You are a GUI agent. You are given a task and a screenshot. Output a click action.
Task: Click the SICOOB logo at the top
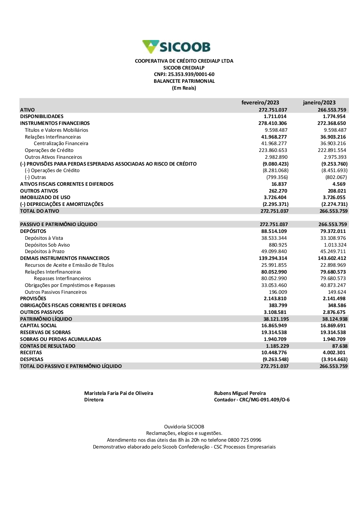tap(176, 47)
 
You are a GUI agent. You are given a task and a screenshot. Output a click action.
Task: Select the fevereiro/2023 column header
tap(260, 103)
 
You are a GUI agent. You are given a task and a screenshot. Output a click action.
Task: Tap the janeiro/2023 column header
tap(319, 103)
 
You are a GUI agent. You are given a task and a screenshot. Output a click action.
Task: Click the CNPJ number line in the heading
tap(184, 75)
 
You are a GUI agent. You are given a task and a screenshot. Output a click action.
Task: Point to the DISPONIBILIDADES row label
tap(42, 117)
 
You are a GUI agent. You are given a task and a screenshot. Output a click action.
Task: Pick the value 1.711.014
tap(275, 117)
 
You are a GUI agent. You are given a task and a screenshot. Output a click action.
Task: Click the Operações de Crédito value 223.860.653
tap(273, 150)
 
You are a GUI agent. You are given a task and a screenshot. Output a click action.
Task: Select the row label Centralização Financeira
tap(61, 144)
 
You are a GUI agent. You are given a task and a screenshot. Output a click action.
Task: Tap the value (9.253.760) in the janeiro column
tap(334, 164)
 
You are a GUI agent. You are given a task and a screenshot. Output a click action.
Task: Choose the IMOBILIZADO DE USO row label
tap(45, 198)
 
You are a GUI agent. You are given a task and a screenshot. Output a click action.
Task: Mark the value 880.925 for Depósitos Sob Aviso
tap(278, 245)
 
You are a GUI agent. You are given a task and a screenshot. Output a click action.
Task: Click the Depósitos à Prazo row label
tap(45, 252)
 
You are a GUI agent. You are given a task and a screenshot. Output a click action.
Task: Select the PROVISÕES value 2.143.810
tap(275, 299)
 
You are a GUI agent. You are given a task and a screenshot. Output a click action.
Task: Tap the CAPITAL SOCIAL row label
tap(39, 326)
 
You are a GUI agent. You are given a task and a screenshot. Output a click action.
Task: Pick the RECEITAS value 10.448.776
tap(274, 353)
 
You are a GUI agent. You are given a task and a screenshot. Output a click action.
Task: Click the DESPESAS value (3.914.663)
tap(334, 360)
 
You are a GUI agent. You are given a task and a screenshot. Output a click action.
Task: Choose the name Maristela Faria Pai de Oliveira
tap(118, 393)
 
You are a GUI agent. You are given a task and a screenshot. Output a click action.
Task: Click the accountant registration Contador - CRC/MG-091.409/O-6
tap(252, 400)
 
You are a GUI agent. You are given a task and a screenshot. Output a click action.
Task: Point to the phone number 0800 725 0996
tap(244, 440)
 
